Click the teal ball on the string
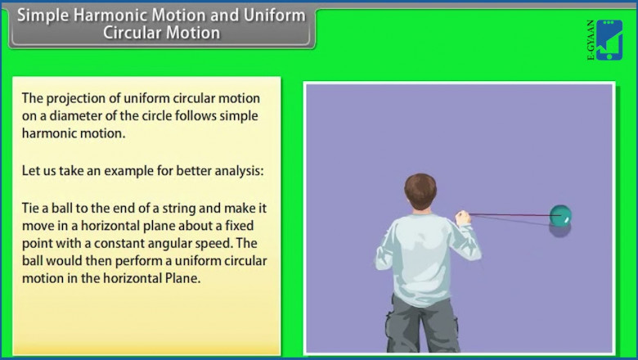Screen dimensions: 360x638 [560, 216]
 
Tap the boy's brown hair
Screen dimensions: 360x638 [420, 190]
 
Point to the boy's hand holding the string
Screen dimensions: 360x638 [463, 218]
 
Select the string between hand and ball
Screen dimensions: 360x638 [511, 216]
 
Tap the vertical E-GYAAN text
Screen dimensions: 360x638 [591, 41]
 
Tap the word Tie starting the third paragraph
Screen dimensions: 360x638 [31, 209]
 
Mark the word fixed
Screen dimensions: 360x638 [249, 226]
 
